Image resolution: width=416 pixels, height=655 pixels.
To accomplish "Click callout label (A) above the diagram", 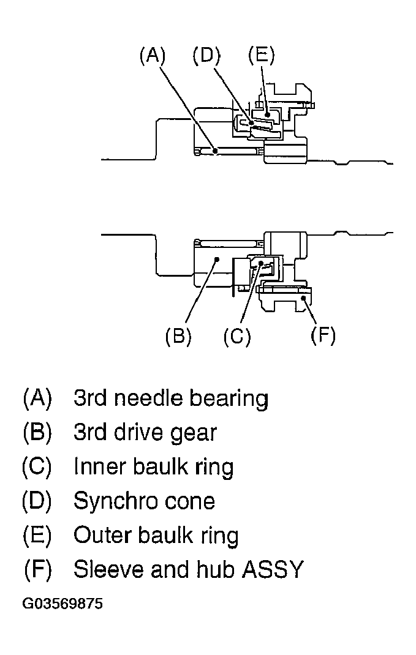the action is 153,55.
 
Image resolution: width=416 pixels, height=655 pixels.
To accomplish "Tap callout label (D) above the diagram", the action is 206,55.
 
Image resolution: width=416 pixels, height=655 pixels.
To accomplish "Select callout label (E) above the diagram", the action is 262,55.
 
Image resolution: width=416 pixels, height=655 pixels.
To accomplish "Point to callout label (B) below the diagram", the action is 178,335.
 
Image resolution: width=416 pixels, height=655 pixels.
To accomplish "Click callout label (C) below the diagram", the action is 237,335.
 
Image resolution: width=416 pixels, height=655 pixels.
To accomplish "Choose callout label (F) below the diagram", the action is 323,335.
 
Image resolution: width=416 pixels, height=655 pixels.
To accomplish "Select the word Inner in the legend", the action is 99,466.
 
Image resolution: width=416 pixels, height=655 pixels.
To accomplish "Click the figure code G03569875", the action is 62,604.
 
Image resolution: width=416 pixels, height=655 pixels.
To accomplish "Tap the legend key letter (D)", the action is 37,501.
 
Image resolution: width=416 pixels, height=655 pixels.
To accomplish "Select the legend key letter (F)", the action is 37,569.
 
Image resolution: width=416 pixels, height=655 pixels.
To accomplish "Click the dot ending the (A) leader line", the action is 215,151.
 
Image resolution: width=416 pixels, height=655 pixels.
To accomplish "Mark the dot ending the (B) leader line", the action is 216,260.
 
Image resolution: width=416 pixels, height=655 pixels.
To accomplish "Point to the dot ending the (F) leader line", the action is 302,297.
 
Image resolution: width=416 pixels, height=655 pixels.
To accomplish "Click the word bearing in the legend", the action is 229,399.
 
